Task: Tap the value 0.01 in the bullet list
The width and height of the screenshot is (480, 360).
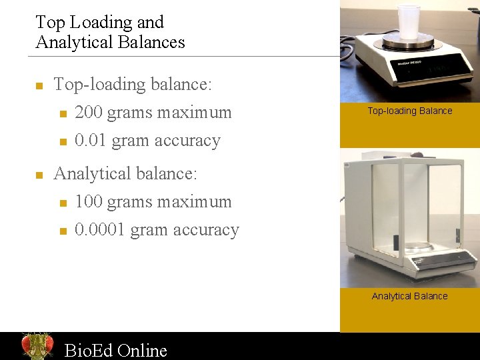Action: click(x=91, y=141)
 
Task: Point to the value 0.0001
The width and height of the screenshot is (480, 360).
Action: click(x=100, y=229)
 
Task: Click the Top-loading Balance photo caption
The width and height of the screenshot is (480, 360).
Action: click(x=409, y=111)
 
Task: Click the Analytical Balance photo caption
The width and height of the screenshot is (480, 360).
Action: click(x=409, y=296)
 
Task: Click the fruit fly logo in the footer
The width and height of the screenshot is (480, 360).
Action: click(x=37, y=345)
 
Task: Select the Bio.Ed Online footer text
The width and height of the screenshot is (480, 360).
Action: click(x=115, y=350)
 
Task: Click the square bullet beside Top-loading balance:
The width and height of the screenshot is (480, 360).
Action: click(x=39, y=86)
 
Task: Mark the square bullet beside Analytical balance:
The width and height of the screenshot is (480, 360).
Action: click(x=39, y=175)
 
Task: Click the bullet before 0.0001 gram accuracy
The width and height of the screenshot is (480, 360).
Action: click(x=63, y=231)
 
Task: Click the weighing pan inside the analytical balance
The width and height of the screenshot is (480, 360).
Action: click(x=419, y=245)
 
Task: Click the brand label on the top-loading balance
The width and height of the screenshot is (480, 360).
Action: click(x=407, y=61)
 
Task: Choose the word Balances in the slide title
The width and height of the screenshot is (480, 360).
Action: click(x=151, y=42)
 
